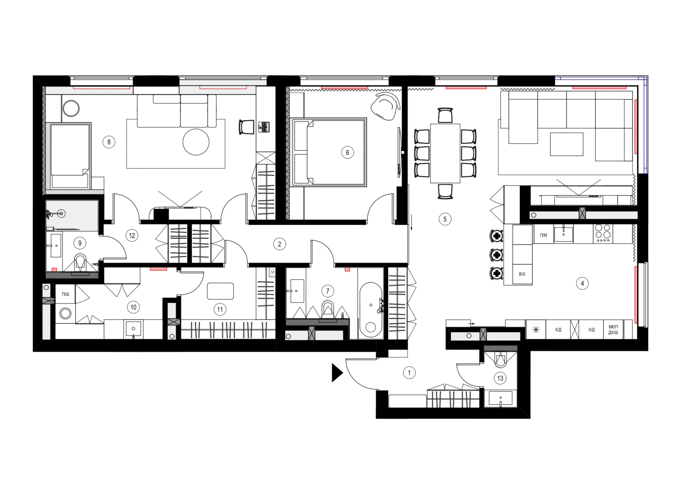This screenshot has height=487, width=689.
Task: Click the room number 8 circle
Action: pos(109,142)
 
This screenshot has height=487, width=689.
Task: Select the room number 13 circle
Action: pos(500,378)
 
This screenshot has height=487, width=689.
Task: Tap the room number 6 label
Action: pos(347,152)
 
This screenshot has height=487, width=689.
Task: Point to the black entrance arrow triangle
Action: pos(337,373)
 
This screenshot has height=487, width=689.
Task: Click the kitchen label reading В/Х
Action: pos(522,274)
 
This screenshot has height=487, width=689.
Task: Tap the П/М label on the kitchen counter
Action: pos(543,235)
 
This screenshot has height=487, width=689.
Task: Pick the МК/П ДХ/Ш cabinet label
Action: pos(613,330)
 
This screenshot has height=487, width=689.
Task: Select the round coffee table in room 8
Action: pos(196,142)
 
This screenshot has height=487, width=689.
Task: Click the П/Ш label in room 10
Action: pos(66,294)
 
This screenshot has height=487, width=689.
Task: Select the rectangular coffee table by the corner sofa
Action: pos(567,144)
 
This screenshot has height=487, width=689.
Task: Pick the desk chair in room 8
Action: pos(246,127)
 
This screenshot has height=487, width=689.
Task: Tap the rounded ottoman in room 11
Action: pos(220,291)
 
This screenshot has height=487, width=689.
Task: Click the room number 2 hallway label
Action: pos(279,244)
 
